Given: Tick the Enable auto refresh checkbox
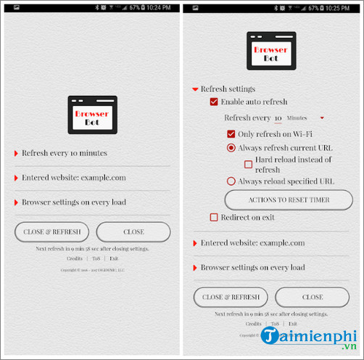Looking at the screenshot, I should tap(214, 102).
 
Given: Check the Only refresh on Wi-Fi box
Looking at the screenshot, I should tap(231, 134).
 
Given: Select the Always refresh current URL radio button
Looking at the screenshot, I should tap(231, 147).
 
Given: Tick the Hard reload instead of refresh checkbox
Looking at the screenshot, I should tap(249, 164).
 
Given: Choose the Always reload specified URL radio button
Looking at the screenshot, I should tap(231, 181).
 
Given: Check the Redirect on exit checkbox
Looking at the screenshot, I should tap(214, 217).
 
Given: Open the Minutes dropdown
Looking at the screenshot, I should tap(305, 118).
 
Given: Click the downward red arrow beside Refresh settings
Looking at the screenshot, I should tap(195, 89).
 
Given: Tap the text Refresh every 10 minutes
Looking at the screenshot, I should tap(64, 153).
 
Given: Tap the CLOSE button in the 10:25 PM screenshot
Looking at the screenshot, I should tap(313, 297).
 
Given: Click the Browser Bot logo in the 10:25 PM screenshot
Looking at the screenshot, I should tap(270, 51).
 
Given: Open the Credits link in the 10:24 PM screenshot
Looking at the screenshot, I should tap(75, 258).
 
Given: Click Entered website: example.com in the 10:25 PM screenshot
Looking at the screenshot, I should tap(252, 243).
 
